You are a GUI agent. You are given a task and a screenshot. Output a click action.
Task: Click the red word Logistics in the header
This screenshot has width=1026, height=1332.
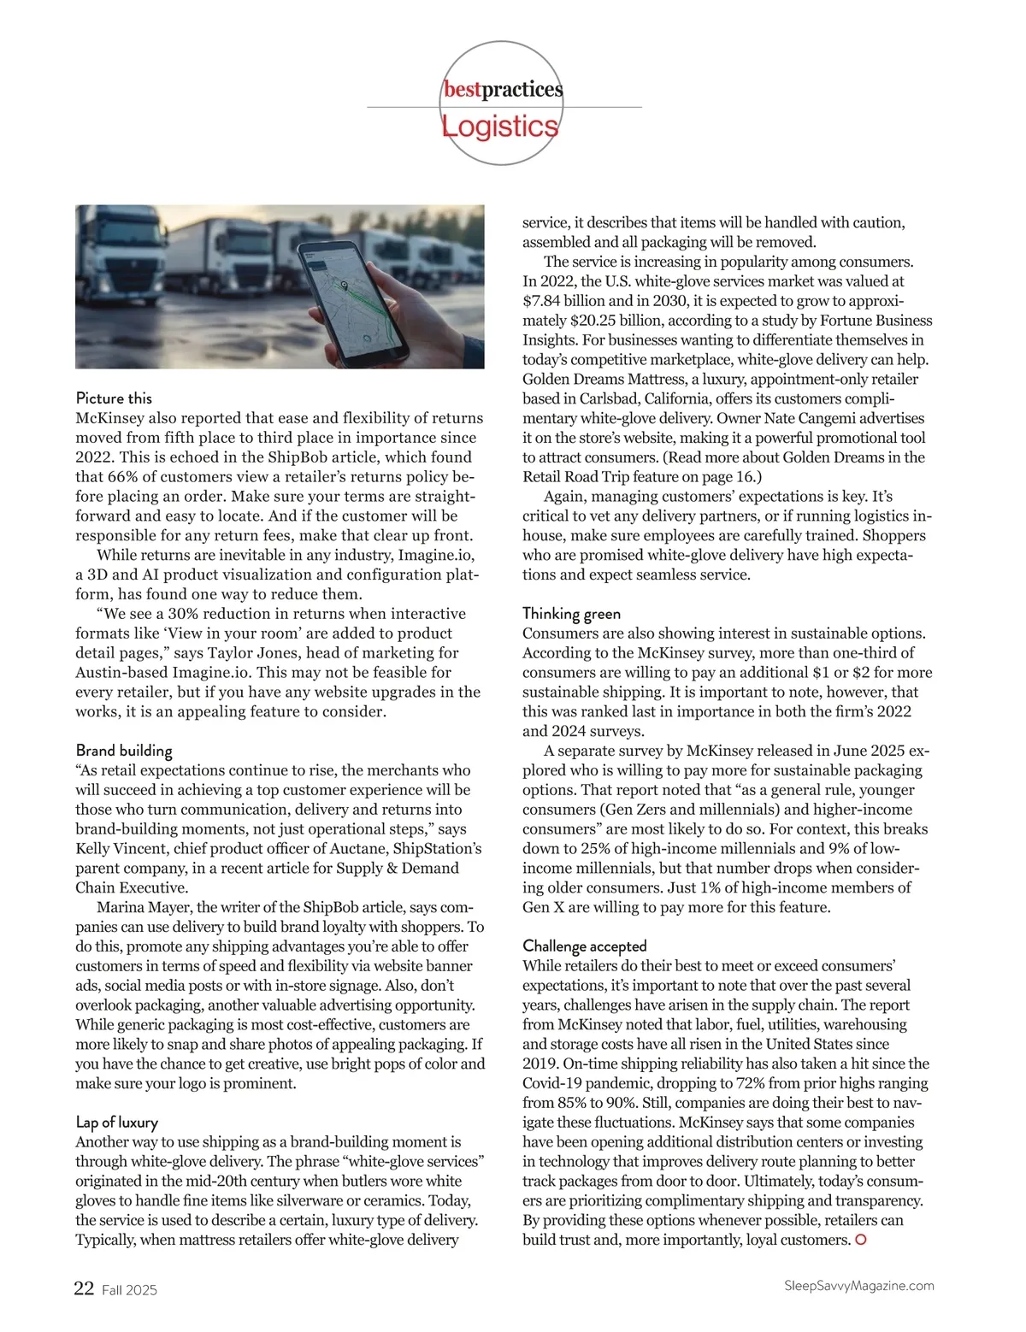(x=500, y=127)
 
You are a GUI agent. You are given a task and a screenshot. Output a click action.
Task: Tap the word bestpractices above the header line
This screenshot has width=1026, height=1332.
(x=503, y=90)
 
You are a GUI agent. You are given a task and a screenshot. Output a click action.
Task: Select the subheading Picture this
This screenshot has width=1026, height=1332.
(x=114, y=398)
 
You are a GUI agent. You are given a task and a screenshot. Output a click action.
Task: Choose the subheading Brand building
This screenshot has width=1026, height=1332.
(x=124, y=751)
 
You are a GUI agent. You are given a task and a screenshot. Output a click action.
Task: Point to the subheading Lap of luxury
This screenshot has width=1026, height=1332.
(x=116, y=1123)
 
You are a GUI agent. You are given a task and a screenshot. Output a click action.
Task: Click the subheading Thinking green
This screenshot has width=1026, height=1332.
(x=571, y=614)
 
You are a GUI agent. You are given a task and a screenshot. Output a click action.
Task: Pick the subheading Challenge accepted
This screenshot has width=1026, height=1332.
(x=584, y=946)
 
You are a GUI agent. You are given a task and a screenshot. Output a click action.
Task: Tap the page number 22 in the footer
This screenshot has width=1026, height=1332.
(x=84, y=1288)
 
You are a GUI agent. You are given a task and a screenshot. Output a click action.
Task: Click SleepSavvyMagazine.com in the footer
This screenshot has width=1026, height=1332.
(x=858, y=1286)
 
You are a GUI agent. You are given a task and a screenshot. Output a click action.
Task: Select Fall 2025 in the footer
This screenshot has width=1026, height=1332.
(x=130, y=1290)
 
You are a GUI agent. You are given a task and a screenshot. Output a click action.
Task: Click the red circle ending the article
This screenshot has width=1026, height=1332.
(x=861, y=1240)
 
